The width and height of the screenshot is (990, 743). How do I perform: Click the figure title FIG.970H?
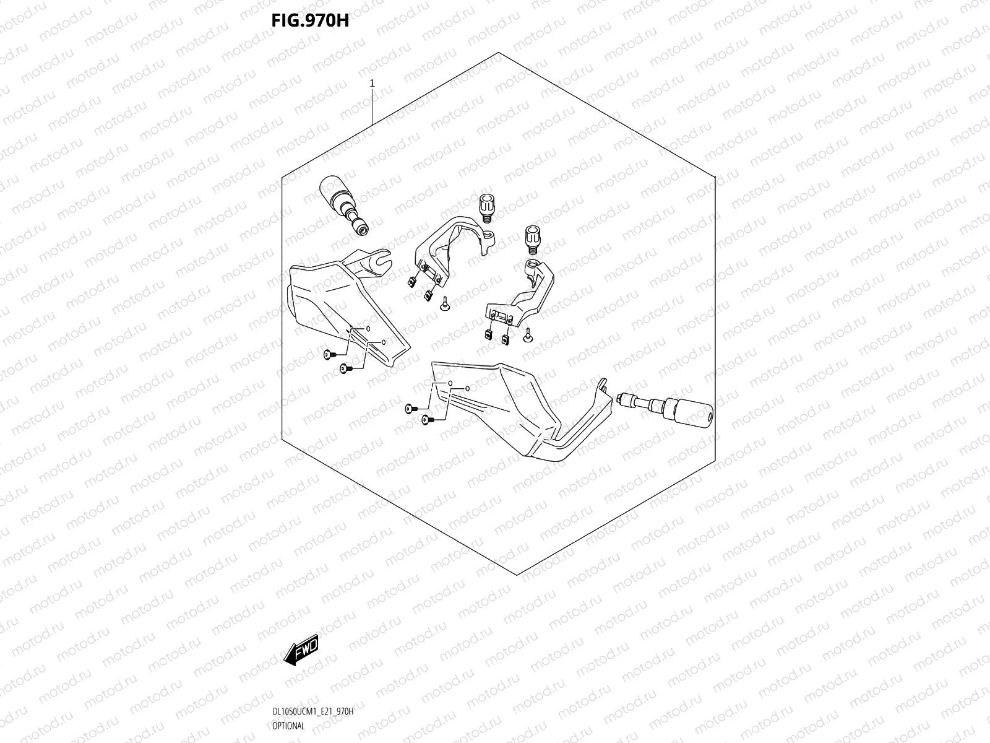(x=310, y=20)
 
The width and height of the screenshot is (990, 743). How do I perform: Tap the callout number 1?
(x=372, y=82)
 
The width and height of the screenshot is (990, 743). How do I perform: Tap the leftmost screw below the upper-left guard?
(x=328, y=355)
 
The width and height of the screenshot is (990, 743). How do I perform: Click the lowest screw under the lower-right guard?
(x=426, y=420)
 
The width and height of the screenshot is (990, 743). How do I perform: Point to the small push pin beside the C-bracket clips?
(x=444, y=303)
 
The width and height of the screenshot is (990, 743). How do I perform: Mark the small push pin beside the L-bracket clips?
(x=528, y=335)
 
